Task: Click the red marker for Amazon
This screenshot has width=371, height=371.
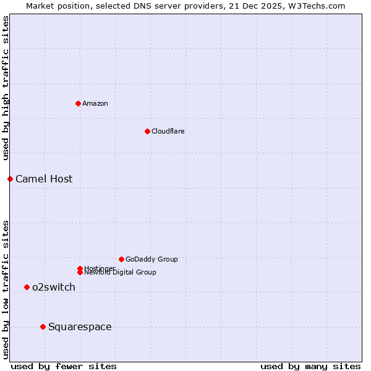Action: (78, 103)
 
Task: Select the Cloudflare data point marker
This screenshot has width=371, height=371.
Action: (147, 131)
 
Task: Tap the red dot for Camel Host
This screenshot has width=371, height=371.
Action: (10, 179)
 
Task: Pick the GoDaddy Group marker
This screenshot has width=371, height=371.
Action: (121, 259)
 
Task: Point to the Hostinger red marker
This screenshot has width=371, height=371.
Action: (80, 268)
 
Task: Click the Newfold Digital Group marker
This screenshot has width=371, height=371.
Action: (80, 273)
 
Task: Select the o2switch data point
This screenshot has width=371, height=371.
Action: (27, 287)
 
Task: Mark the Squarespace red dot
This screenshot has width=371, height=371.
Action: (43, 326)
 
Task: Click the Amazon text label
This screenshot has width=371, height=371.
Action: (95, 103)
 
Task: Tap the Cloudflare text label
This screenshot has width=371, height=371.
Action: (168, 131)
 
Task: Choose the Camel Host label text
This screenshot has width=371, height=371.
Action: (44, 179)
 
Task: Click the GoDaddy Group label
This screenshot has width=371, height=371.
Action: (151, 259)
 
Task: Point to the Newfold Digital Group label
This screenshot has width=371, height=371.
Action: (121, 273)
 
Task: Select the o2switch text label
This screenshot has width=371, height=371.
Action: (54, 287)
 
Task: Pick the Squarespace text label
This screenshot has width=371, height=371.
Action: (80, 326)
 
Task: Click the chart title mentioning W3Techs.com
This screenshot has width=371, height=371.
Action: (185, 6)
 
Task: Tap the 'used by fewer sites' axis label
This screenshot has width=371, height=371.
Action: (64, 366)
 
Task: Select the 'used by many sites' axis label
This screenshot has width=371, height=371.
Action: (310, 366)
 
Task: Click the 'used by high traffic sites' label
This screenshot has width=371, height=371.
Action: (6, 88)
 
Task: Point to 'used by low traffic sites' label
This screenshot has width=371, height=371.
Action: (6, 289)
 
